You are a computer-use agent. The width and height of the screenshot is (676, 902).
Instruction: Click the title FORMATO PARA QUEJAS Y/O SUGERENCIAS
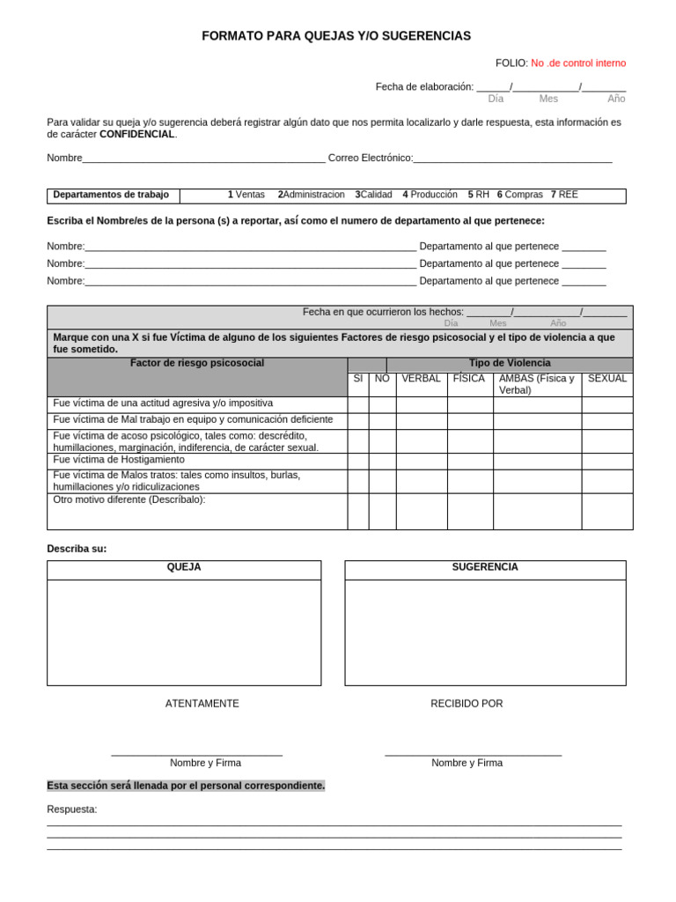coord(336,36)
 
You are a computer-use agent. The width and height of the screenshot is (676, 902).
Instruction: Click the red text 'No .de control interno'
coord(578,63)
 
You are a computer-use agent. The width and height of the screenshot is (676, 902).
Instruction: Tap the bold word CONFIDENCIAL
coord(137,135)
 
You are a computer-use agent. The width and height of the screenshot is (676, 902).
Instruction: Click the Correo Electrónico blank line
coord(512,159)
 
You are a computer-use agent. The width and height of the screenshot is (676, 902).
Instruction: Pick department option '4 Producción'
coord(430,195)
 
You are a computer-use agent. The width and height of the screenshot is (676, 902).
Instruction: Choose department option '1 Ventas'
coord(246,195)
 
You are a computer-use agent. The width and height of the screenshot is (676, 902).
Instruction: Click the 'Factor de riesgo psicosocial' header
coord(197,364)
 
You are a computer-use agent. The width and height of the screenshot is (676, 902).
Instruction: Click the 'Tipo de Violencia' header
coord(510,364)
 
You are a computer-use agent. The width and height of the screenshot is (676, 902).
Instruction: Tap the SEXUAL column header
coord(607,379)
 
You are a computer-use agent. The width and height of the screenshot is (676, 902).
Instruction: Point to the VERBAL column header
coord(421,379)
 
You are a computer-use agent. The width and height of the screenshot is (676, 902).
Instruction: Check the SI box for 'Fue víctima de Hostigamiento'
coord(357,461)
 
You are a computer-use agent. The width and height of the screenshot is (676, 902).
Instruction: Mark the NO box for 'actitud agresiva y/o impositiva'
coord(382,404)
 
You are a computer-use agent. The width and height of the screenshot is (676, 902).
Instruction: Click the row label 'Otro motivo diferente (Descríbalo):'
coord(129,500)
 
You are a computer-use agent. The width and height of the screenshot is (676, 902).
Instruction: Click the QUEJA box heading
coord(184,567)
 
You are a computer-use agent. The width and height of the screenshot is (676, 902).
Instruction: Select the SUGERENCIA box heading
coord(485,567)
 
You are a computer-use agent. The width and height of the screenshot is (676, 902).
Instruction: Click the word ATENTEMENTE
coord(202,704)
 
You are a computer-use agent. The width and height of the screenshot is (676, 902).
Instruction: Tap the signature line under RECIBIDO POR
coord(473,753)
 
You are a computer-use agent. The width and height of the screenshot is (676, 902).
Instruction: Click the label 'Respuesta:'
coord(72,810)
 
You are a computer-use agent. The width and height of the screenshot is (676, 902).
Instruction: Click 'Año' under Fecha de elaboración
coord(616,99)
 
